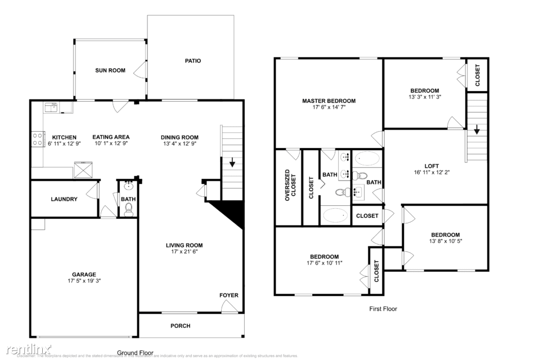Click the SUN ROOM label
pos(110,70)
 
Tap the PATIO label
pos(193,61)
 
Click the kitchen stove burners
pos(38,139)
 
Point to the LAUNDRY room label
pos(64,199)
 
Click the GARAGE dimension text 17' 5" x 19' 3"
pos(83,281)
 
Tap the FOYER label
pos(229,295)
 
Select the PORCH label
pos(180,326)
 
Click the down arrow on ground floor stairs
pos(232,164)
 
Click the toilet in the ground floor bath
pos(129,210)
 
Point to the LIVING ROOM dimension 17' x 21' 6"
pos(184,251)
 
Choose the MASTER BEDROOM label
pos(328,101)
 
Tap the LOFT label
pos(431,166)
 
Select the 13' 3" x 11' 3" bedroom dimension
pos(424,97)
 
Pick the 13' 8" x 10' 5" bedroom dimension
pos(445,241)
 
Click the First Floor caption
pos(383,308)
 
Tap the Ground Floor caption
pos(135,353)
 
